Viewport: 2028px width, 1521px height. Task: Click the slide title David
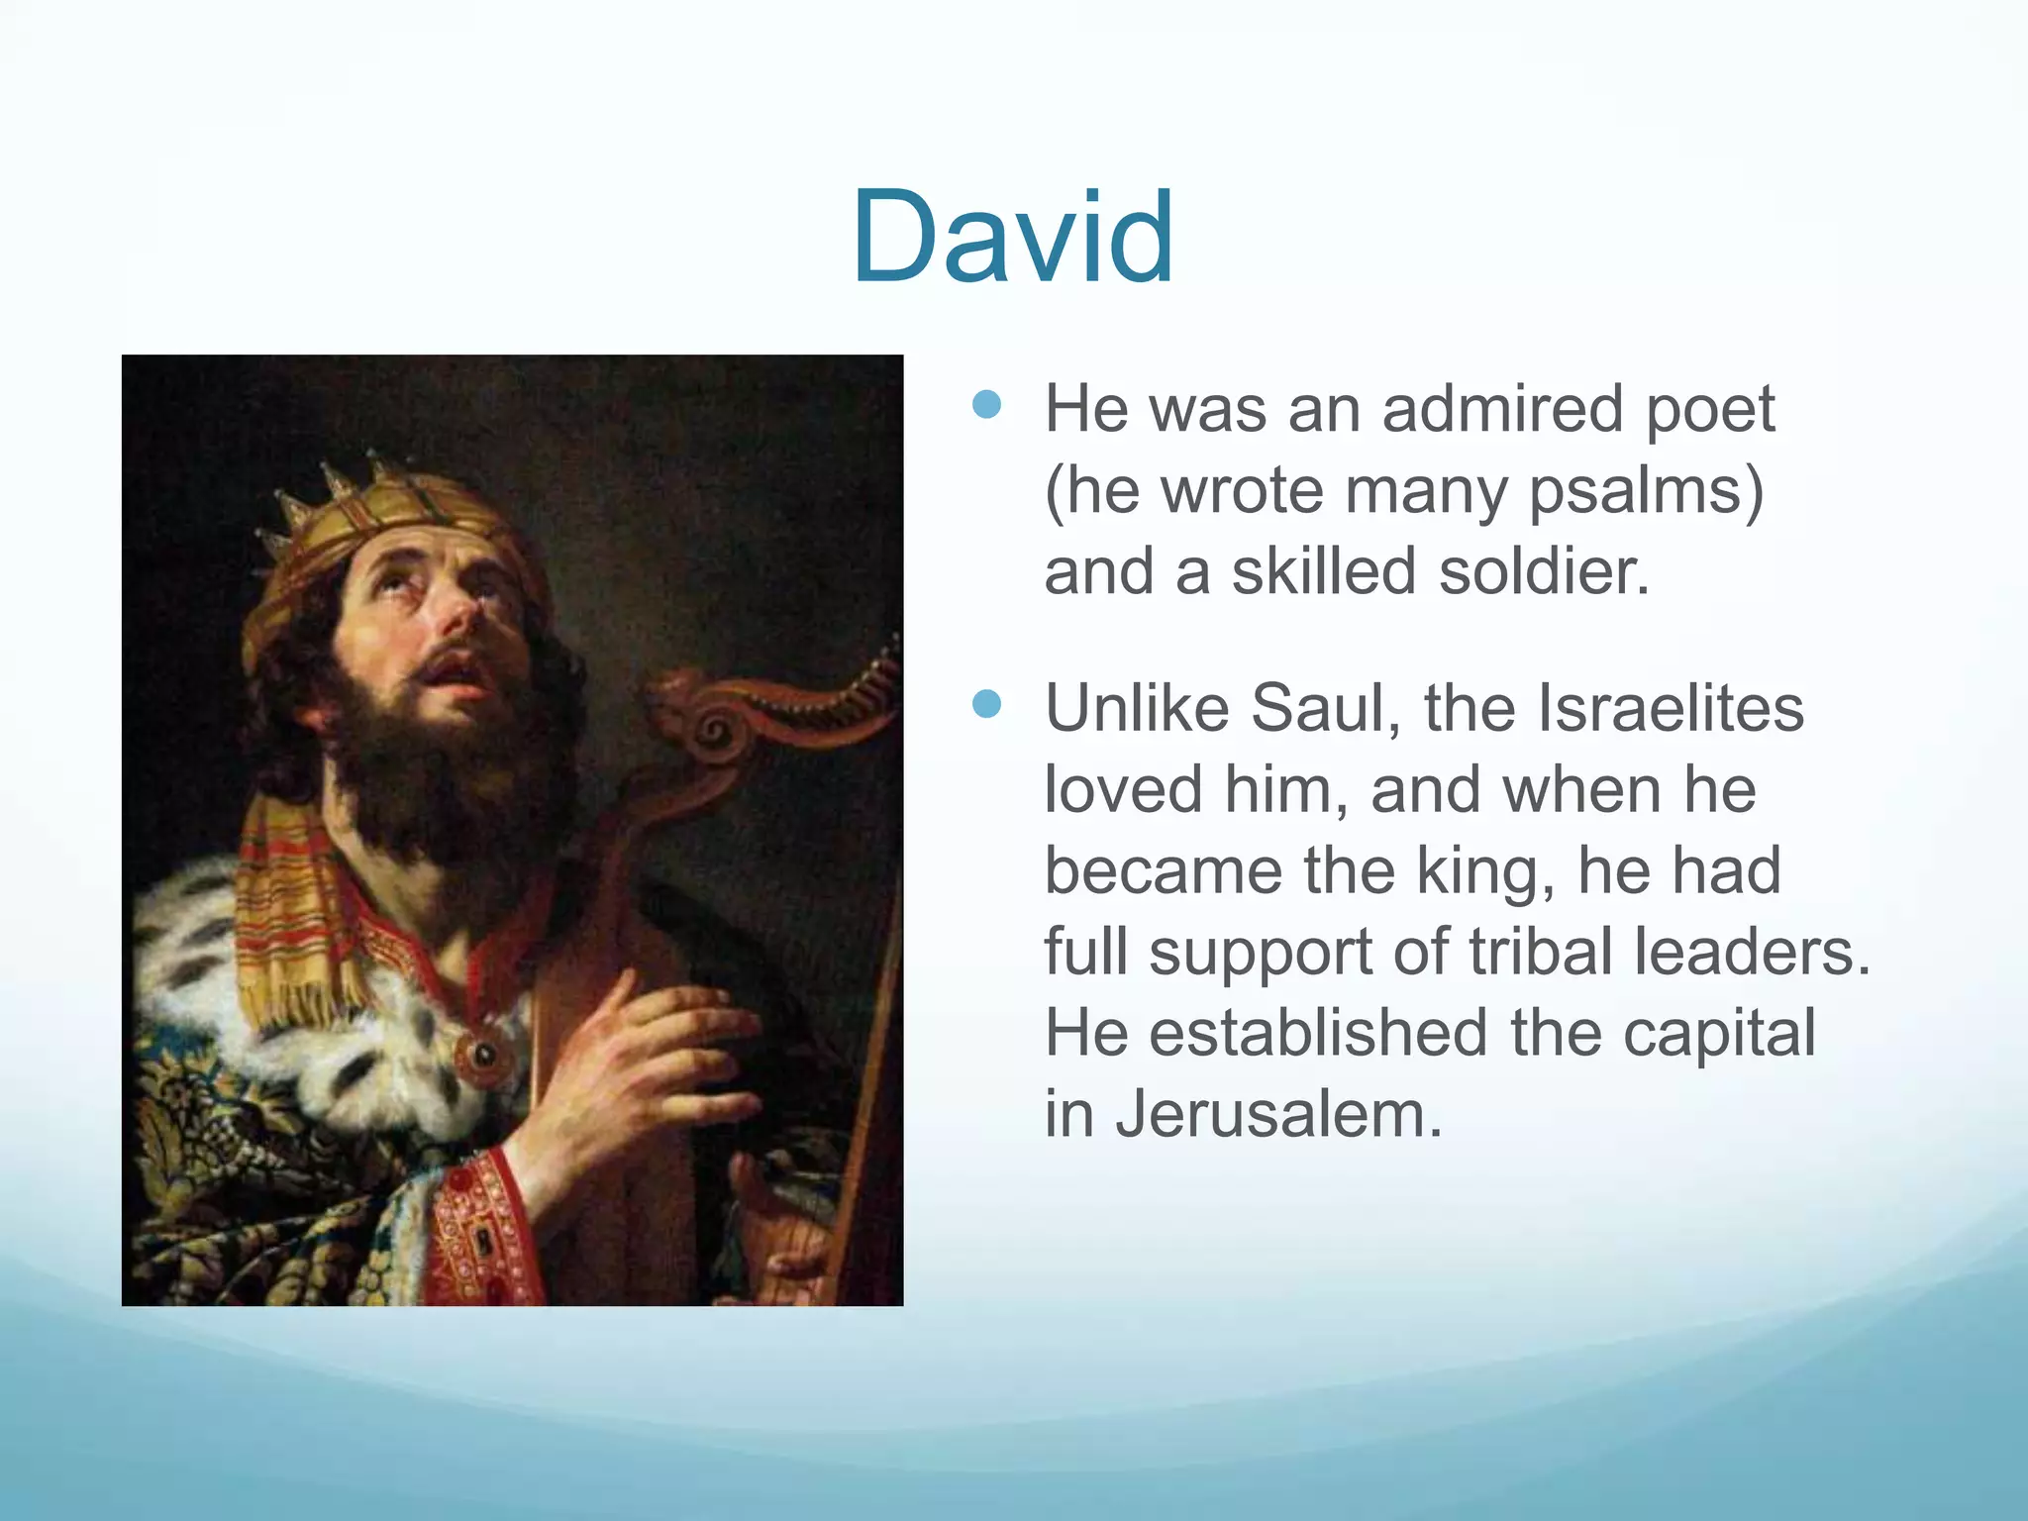pos(1013,238)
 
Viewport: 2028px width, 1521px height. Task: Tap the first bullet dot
pos(987,404)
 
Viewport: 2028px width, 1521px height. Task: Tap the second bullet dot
pos(987,704)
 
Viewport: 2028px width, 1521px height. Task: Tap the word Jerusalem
pos(1278,1114)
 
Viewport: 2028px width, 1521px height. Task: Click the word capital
pos(1719,1033)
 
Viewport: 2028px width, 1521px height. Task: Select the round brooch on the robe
pos(482,1056)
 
